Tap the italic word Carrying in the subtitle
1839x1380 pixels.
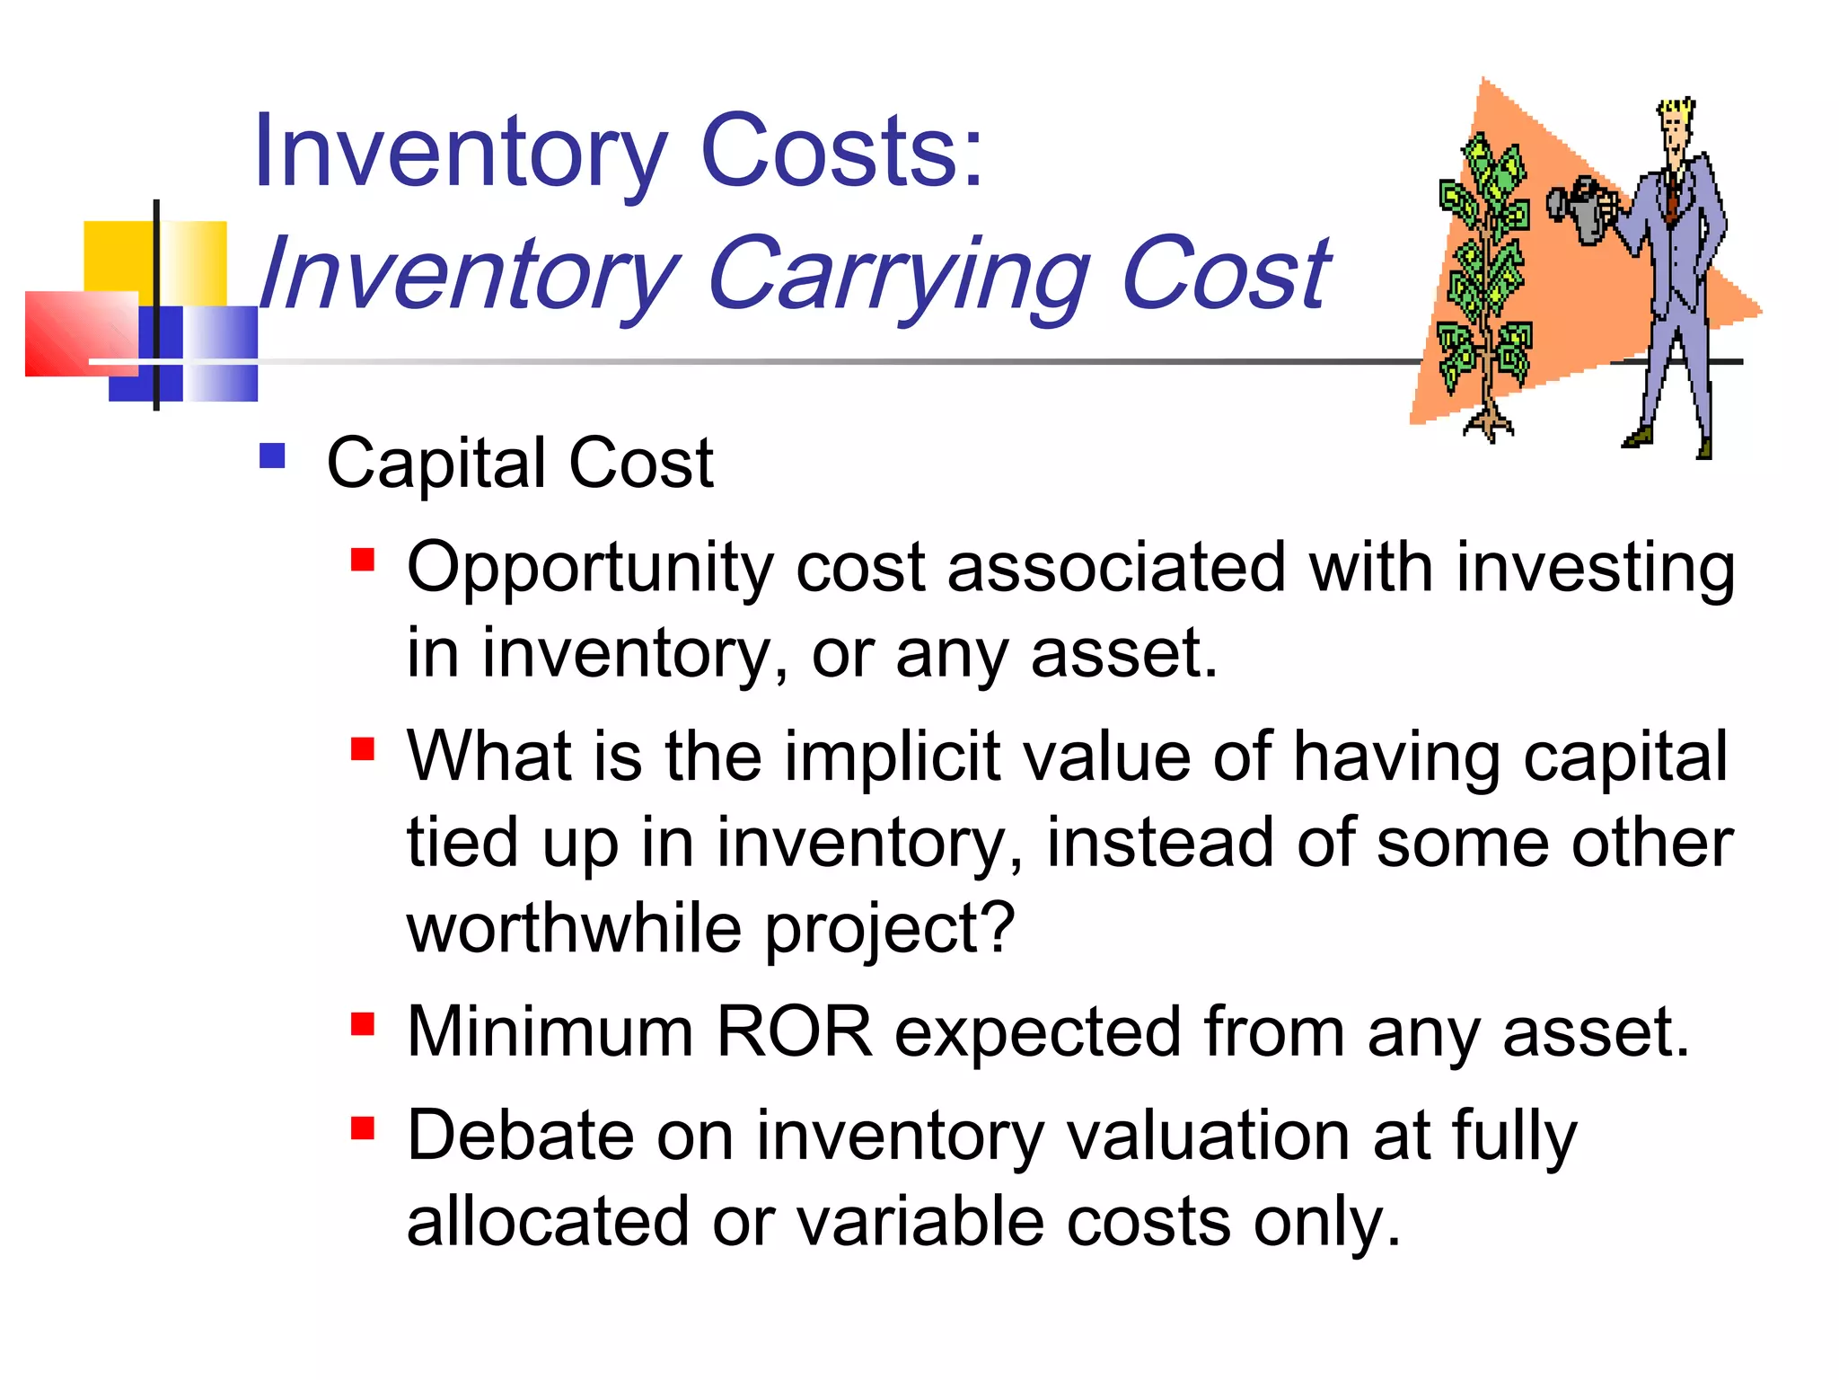pyautogui.click(x=897, y=275)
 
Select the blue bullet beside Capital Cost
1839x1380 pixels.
pyautogui.click(x=272, y=456)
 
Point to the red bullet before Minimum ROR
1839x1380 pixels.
pyautogui.click(x=363, y=1024)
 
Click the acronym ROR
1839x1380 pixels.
pyautogui.click(x=794, y=1032)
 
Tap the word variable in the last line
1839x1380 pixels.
pyautogui.click(x=919, y=1222)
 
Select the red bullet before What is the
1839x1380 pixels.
pyautogui.click(x=363, y=748)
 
